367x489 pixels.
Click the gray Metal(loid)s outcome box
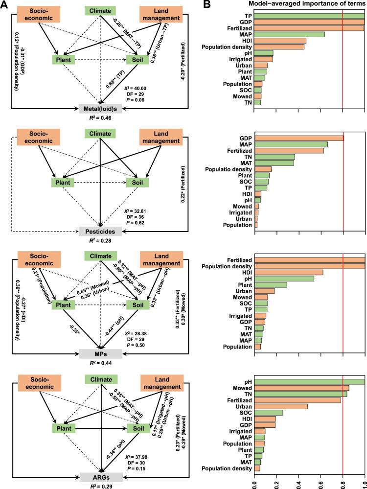[100, 108]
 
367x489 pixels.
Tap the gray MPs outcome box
[100, 353]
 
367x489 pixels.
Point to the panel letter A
[5, 5]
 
